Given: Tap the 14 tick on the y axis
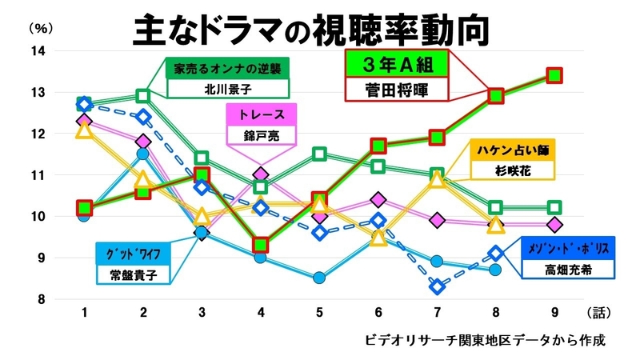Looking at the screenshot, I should pos(38,51).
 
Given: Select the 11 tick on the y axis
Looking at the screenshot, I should pos(38,175).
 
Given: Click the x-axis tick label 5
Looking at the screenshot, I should pos(319,313).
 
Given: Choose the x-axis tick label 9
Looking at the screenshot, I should pos(553,313).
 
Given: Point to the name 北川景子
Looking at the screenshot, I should pos(226,87).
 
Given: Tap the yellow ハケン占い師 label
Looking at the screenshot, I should pos(513,150).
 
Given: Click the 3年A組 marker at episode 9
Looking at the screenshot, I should pos(554,75).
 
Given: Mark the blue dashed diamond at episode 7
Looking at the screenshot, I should pos(437,286).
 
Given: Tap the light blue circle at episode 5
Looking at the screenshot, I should pos(319,278).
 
